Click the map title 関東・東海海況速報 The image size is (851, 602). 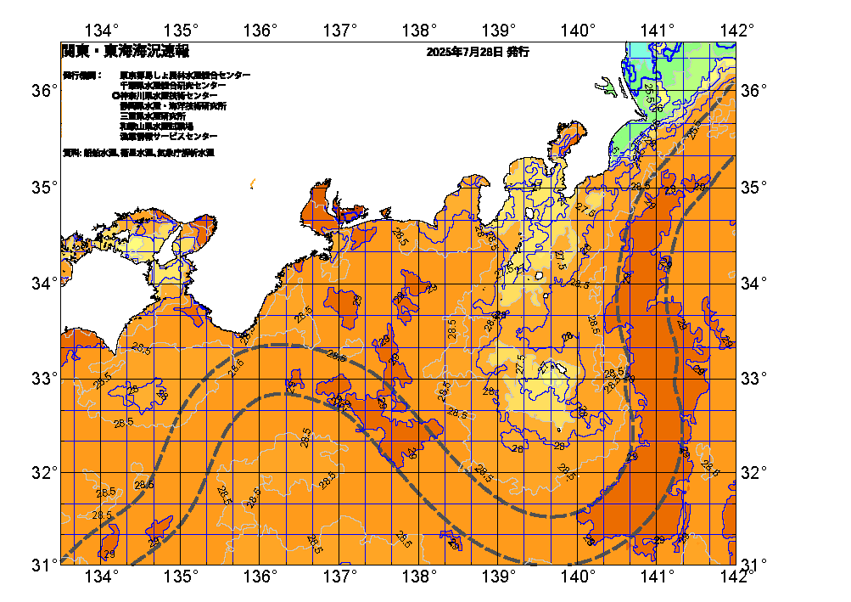click(x=125, y=51)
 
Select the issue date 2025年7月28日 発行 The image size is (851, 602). click(x=479, y=52)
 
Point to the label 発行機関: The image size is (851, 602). click(x=81, y=76)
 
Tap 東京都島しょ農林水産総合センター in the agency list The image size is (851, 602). click(x=185, y=76)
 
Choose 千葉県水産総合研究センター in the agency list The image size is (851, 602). click(x=173, y=86)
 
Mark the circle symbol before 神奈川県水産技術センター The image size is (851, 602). click(x=115, y=96)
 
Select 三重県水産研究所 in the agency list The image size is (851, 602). click(x=153, y=116)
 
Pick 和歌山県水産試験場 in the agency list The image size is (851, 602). click(x=156, y=127)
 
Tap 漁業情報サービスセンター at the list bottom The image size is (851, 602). click(x=168, y=137)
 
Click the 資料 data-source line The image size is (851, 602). click(x=138, y=153)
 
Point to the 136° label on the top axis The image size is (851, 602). click(x=261, y=31)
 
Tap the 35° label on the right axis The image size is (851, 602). click(x=753, y=186)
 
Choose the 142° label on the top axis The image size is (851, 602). click(x=737, y=31)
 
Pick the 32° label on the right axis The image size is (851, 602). click(x=753, y=472)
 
